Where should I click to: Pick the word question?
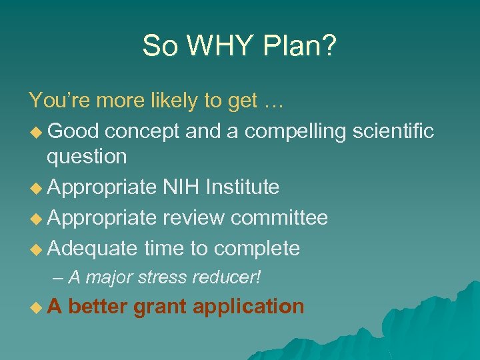click(x=86, y=157)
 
